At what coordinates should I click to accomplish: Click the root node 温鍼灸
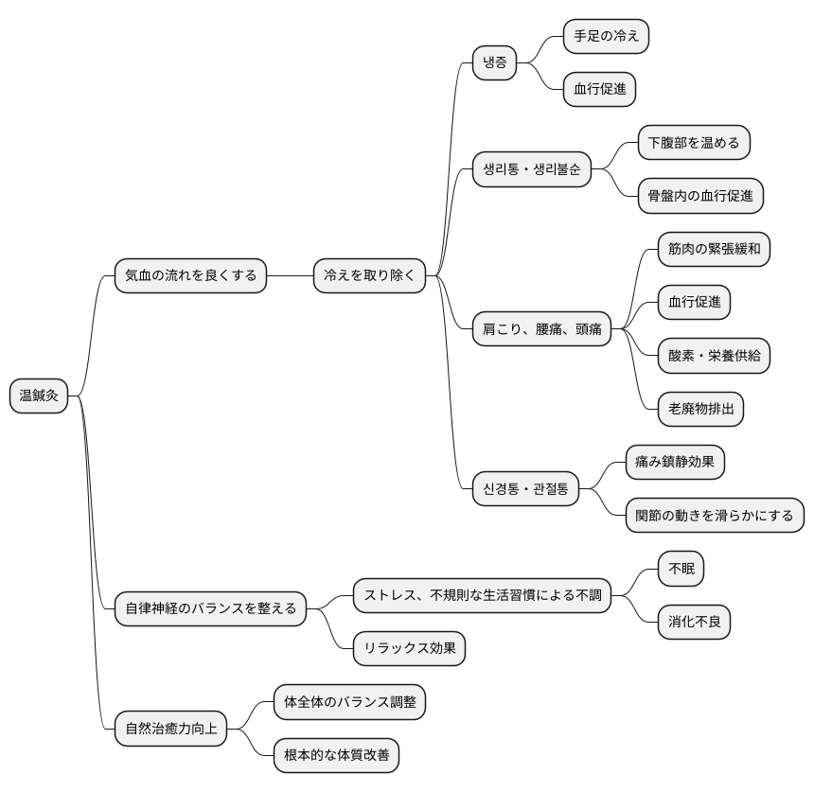[39, 396]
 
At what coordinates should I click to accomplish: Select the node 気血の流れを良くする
[190, 276]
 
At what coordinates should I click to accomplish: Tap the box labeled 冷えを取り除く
[369, 276]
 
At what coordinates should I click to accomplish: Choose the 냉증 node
[495, 63]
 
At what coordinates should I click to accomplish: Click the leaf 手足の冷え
[606, 37]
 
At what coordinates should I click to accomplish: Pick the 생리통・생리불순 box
[532, 170]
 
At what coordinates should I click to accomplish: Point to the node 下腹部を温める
[694, 144]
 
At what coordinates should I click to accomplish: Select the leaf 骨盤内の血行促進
[700, 196]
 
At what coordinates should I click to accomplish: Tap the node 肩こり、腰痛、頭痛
[541, 329]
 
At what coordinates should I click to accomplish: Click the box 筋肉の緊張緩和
[714, 250]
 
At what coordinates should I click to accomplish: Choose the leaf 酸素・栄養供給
[714, 356]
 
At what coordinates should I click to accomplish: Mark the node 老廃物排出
[700, 409]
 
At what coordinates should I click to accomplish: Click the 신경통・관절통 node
[525, 489]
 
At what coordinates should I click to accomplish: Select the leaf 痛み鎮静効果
[675, 462]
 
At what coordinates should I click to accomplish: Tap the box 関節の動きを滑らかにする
[715, 516]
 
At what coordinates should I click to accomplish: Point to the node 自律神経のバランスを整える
[210, 607]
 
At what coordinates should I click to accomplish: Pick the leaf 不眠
[681, 569]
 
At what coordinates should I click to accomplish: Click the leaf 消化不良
[694, 622]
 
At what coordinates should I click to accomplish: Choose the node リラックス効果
[409, 649]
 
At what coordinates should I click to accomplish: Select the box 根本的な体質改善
[336, 756]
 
